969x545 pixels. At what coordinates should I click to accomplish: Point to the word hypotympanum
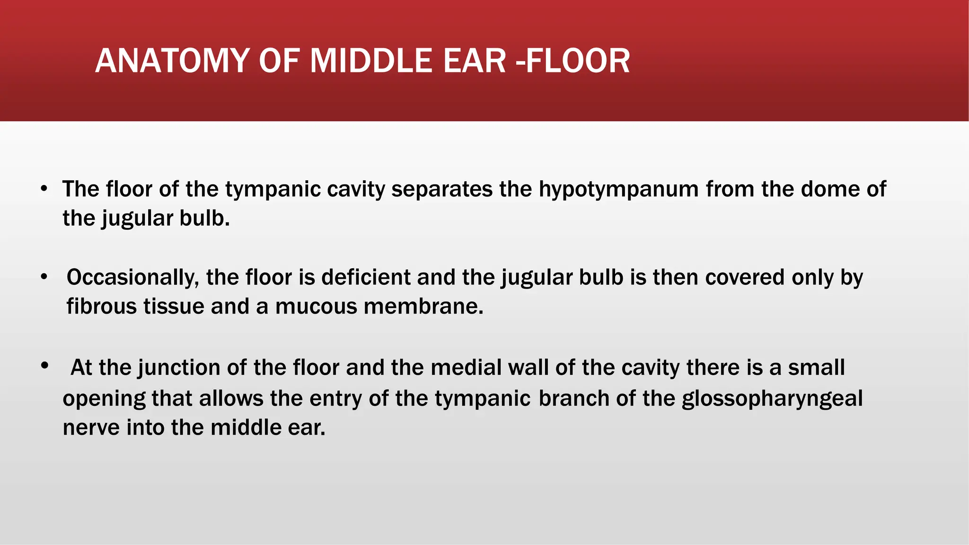[618, 189]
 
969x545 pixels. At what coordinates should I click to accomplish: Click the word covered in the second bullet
[745, 277]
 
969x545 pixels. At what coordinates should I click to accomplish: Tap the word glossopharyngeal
[772, 398]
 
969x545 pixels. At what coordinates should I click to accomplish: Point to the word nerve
[91, 428]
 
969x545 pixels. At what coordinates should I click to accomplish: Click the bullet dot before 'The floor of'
[44, 189]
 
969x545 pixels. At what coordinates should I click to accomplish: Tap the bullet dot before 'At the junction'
[44, 365]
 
